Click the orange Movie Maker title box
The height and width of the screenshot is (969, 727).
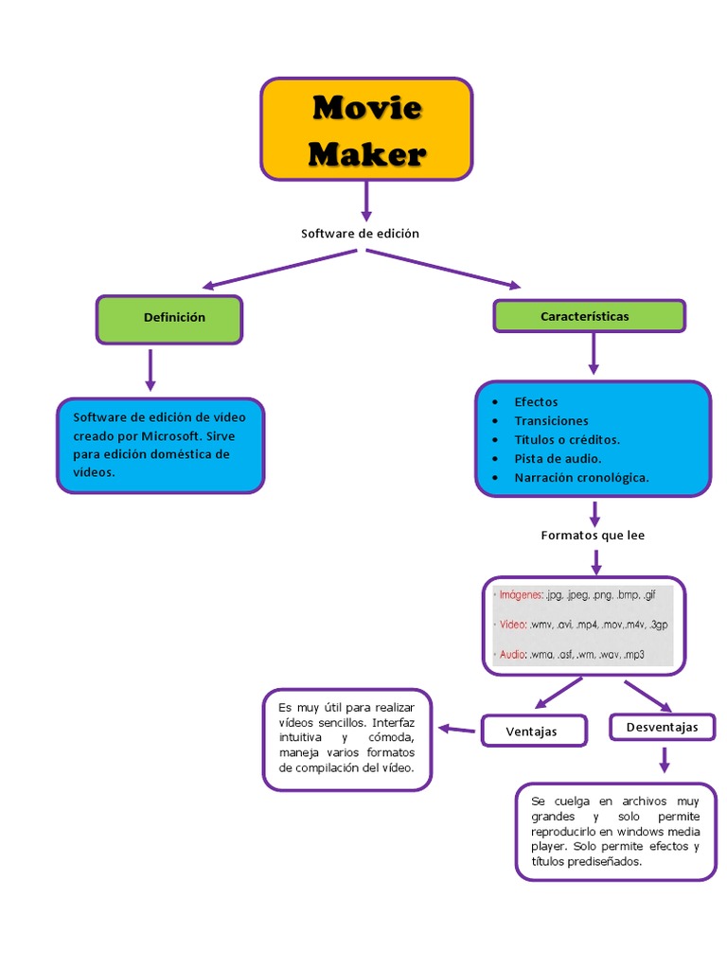366,130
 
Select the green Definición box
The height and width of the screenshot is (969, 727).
169,319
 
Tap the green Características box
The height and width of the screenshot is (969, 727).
589,316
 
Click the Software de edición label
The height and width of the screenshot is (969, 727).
360,233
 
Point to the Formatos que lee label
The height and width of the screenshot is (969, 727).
593,536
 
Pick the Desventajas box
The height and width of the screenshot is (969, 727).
662,727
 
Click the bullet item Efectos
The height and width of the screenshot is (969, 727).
536,402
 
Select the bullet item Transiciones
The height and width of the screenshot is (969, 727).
551,421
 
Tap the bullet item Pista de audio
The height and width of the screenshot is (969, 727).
558,459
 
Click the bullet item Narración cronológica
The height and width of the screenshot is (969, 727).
581,478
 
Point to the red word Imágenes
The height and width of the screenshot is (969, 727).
521,595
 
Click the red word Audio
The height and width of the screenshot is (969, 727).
513,655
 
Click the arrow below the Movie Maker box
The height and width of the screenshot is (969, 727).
366,201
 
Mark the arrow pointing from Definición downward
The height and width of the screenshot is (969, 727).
150,369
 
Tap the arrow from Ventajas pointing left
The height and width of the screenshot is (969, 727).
456,729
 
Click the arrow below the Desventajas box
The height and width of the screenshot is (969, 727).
665,759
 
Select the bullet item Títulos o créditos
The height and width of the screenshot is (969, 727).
567,440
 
